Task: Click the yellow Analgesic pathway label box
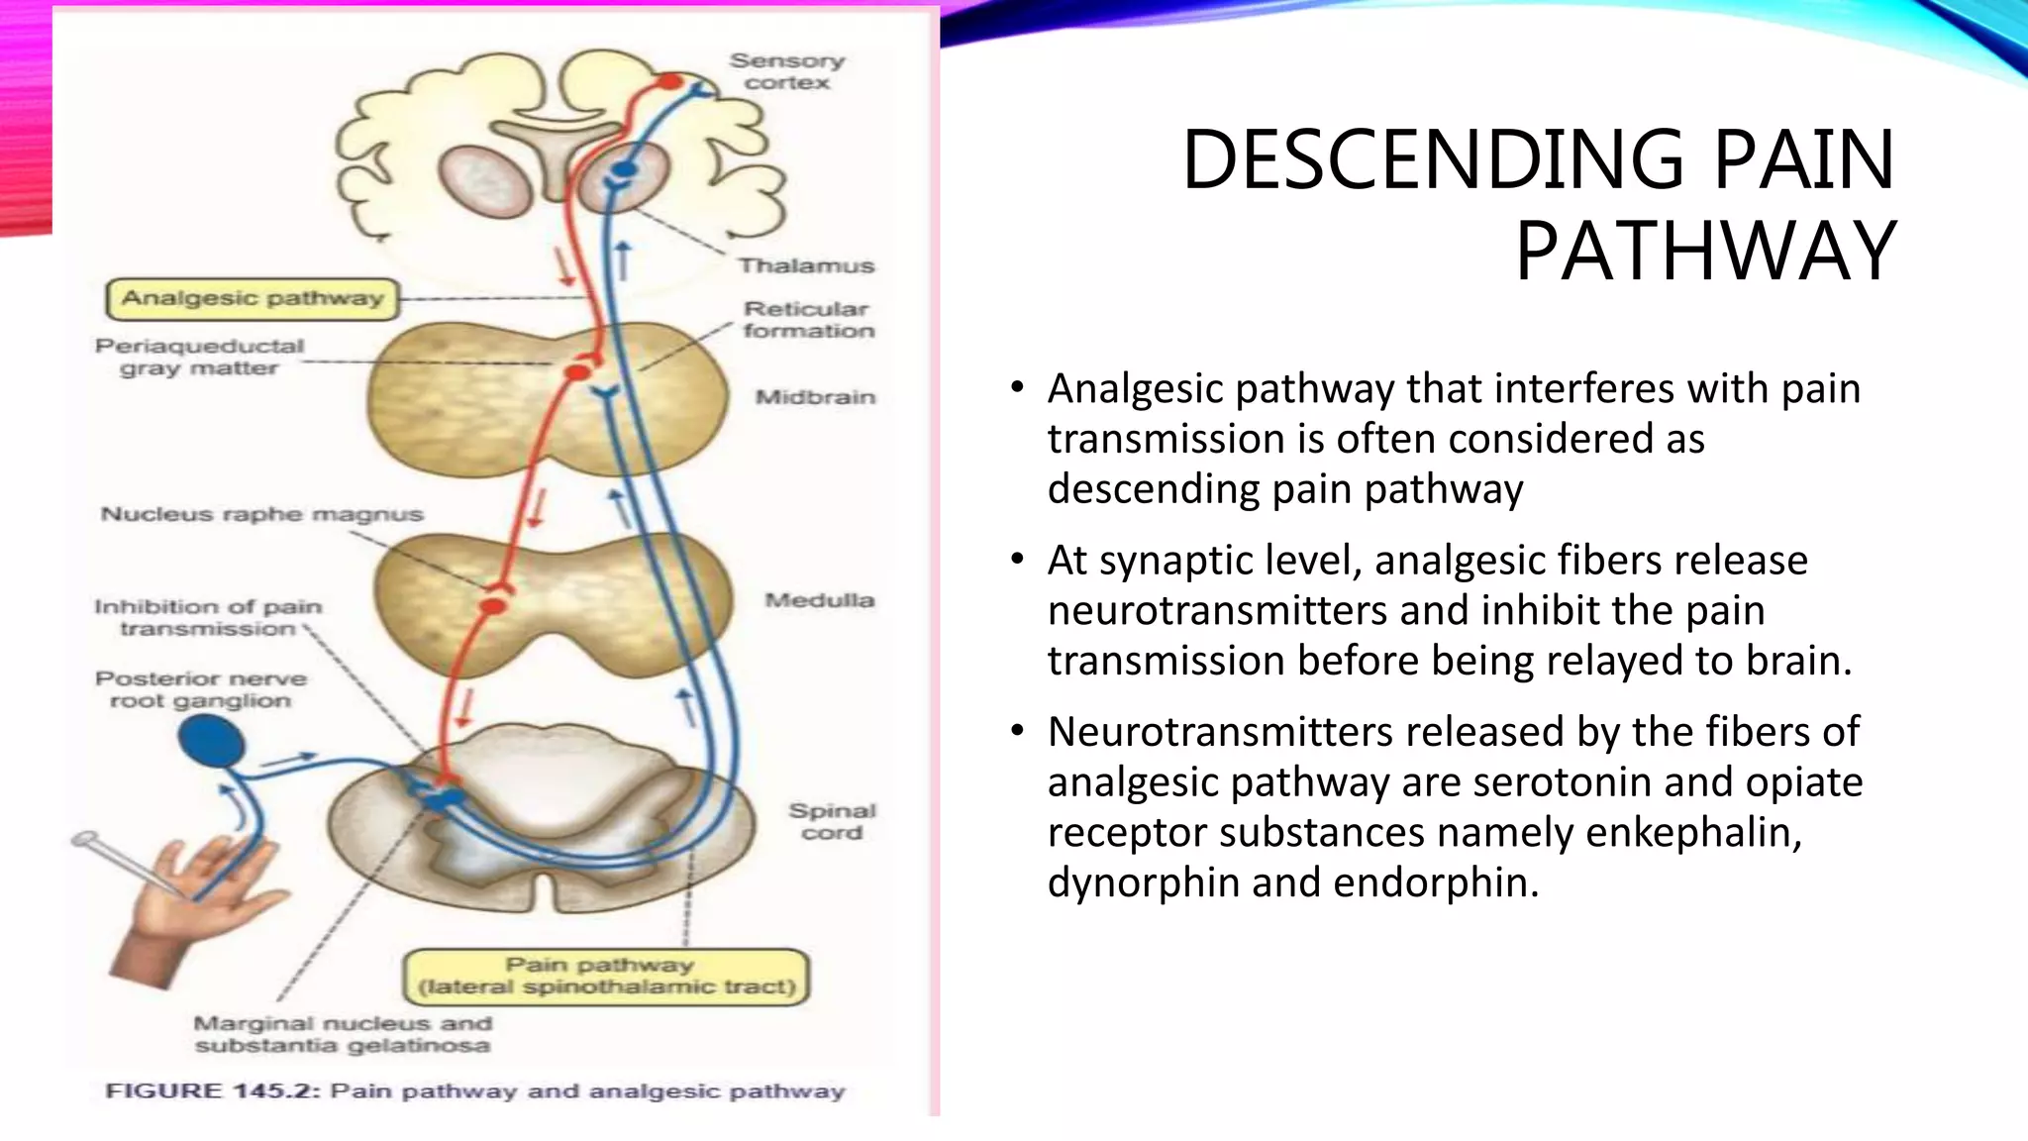[x=252, y=298]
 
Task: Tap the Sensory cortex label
[x=787, y=71]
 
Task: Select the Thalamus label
[x=806, y=265]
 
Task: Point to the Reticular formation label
[x=808, y=320]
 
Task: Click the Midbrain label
[x=815, y=397]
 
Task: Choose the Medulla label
[x=819, y=600]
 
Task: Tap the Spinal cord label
[x=832, y=821]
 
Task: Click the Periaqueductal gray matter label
[x=199, y=357]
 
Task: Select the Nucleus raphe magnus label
[x=261, y=514]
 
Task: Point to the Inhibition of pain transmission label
[x=208, y=617]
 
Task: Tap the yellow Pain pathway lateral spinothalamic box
[x=606, y=976]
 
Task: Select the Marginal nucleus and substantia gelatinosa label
[x=342, y=1034]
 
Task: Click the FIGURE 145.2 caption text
[x=474, y=1091]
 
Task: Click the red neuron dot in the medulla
[x=494, y=604]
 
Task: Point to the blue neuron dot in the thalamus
[x=623, y=170]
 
